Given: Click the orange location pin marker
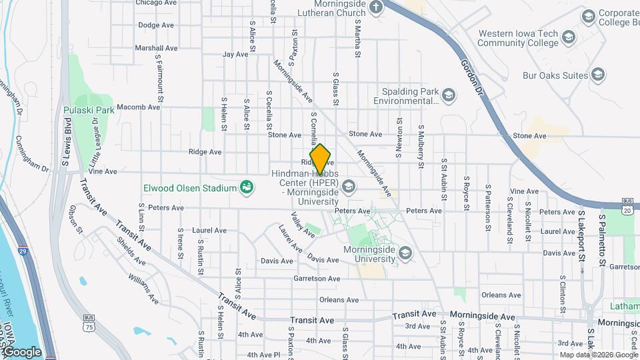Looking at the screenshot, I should pyautogui.click(x=321, y=158).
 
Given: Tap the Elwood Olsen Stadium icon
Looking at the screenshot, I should pyautogui.click(x=247, y=187).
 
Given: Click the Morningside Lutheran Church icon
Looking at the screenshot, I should pyautogui.click(x=377, y=7).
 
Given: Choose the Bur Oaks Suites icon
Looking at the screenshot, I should pyautogui.click(x=598, y=75).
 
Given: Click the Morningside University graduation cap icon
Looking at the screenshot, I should pyautogui.click(x=405, y=253).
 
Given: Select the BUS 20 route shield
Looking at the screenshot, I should pyautogui.click(x=627, y=205).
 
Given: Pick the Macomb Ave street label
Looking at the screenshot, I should pyautogui.click(x=138, y=107).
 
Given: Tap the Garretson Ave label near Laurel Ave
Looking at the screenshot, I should pyautogui.click(x=317, y=279).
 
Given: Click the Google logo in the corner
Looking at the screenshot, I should pyautogui.click(x=22, y=352).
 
